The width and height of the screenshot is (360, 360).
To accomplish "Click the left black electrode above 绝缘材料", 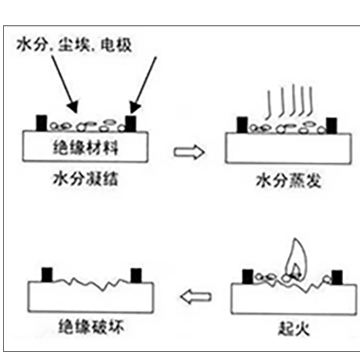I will coord(42,123).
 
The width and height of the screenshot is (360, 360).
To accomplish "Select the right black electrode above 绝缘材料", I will coord(132,123).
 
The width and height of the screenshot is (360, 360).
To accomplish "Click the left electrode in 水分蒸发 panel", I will coord(242,125).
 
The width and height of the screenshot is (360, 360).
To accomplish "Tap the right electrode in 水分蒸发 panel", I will coord(332,125).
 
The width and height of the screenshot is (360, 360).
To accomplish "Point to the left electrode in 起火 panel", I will coord(247,276).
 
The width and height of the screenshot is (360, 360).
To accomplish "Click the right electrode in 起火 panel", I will coord(337,276).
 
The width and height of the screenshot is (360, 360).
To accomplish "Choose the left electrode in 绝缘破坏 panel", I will coord(47,274).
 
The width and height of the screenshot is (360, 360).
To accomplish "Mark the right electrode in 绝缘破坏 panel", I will coord(136,274).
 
